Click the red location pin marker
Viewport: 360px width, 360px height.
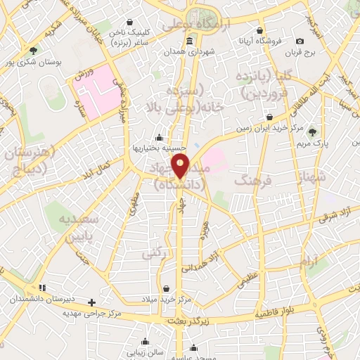[181, 167]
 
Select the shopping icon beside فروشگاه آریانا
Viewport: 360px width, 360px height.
[261, 31]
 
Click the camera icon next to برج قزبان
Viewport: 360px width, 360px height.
[300, 41]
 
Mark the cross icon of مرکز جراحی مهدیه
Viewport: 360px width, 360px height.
[91, 302]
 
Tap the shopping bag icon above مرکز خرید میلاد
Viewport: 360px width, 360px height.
[167, 288]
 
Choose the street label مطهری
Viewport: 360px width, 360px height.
[132, 205]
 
